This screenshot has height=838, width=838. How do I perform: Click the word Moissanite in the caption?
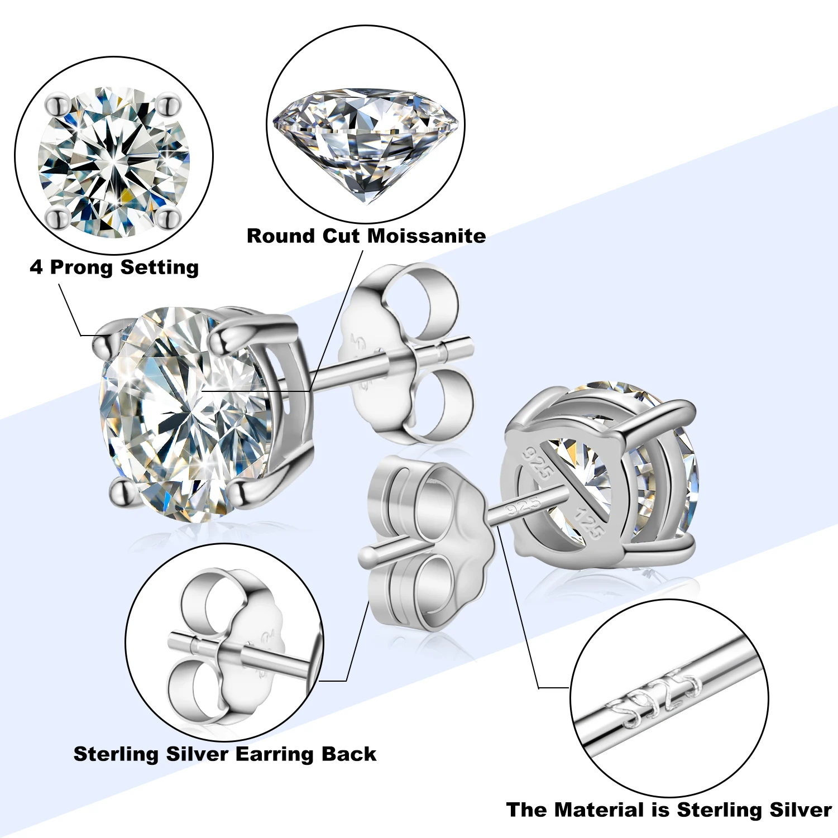tap(426, 236)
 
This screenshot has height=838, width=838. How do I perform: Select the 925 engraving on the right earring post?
tap(523, 506)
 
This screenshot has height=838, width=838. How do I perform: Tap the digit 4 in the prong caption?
tap(36, 267)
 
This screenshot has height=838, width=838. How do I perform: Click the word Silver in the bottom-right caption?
tap(801, 810)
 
